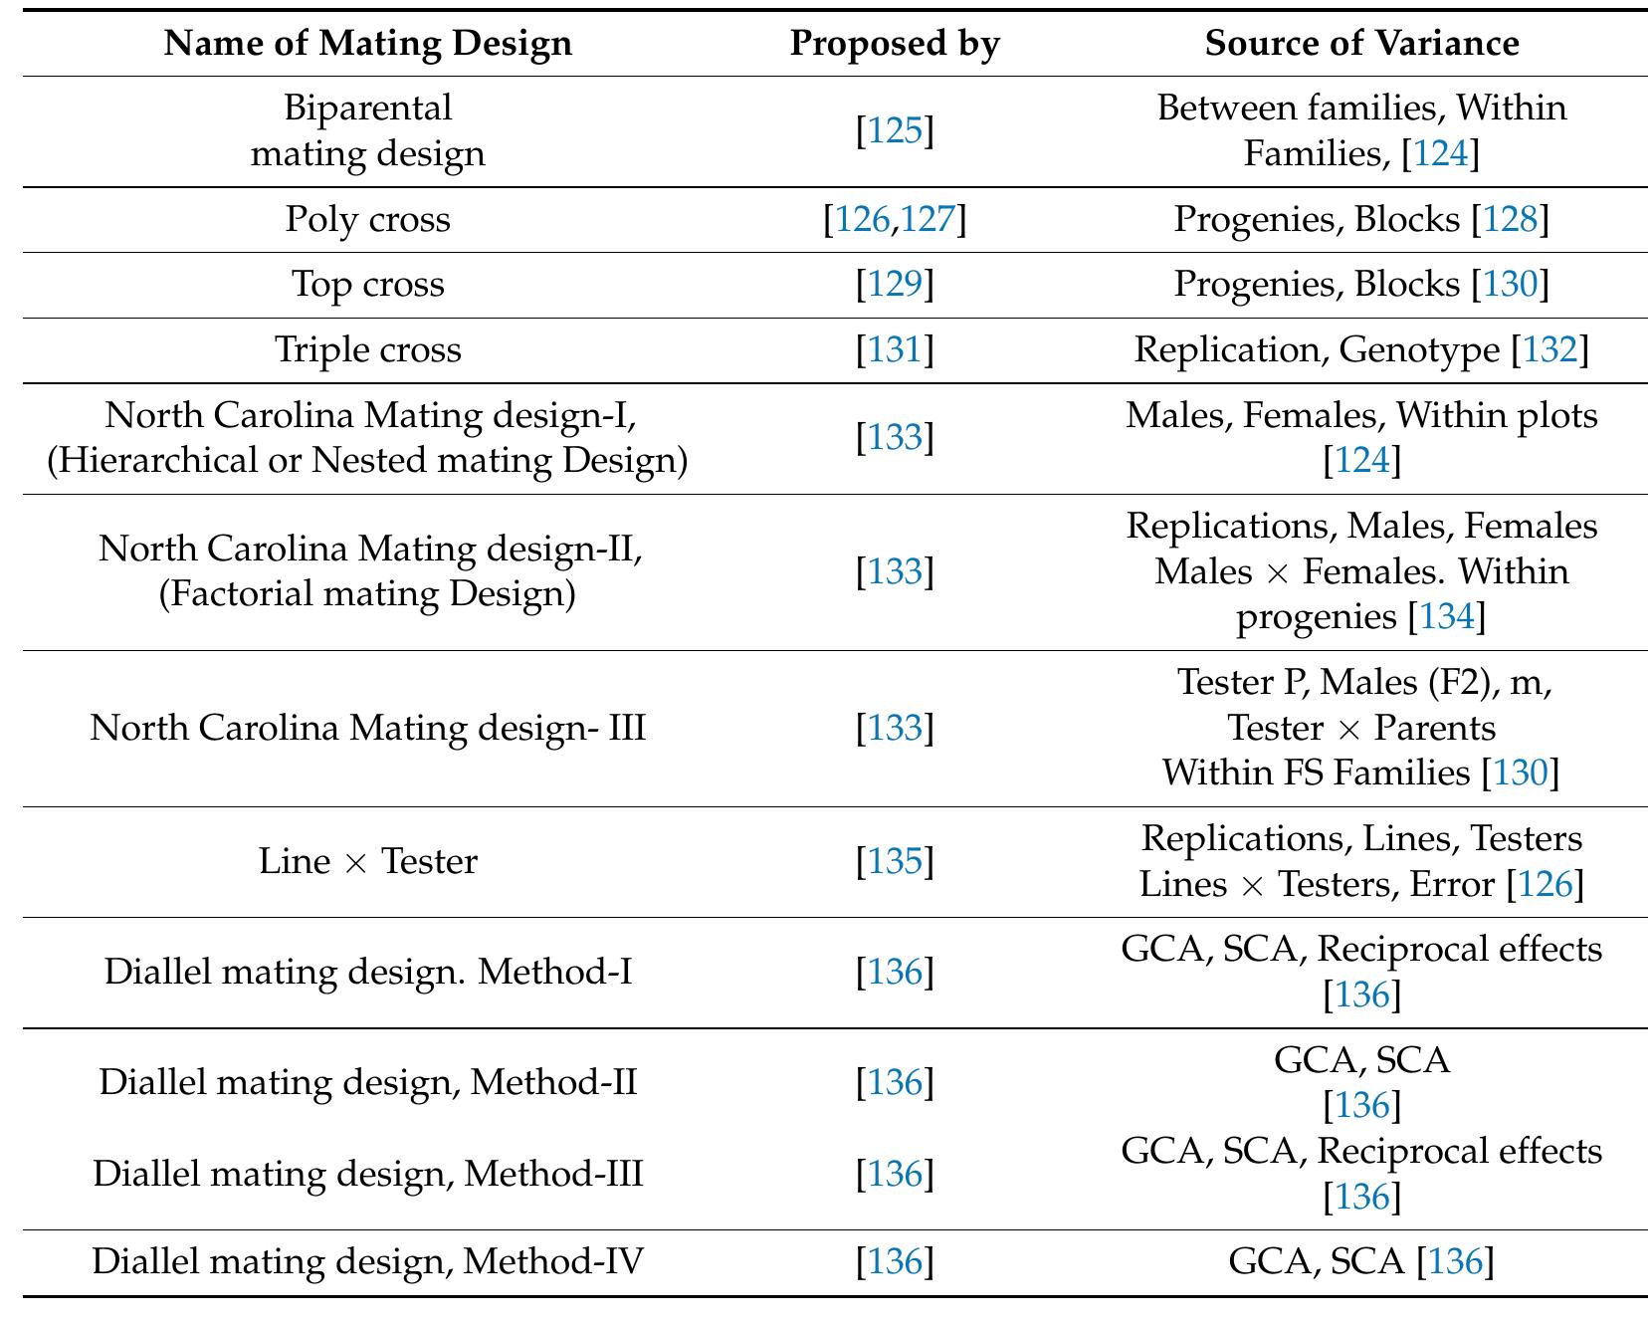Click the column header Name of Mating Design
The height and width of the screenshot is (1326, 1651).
(367, 43)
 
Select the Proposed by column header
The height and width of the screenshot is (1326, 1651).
(895, 43)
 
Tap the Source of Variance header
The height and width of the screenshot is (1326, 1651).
(1361, 43)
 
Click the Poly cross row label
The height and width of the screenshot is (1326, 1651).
(367, 219)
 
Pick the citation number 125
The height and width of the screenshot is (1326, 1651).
(896, 130)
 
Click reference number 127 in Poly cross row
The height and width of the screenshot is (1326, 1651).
(928, 219)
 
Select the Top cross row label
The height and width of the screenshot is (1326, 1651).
(367, 285)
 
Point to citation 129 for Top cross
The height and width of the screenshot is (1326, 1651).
(896, 285)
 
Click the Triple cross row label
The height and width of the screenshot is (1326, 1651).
(367, 350)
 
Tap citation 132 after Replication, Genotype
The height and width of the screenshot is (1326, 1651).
(1549, 350)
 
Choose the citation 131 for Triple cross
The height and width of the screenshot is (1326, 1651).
(896, 350)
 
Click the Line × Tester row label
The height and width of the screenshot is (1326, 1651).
(367, 861)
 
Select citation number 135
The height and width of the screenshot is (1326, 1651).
(896, 861)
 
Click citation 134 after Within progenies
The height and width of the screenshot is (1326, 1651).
(1446, 617)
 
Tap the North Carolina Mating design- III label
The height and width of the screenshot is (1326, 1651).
(367, 728)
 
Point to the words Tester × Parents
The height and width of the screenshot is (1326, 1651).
(1361, 728)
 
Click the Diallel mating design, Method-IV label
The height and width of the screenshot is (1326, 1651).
(367, 1262)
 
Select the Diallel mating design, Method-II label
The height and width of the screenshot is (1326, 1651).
(367, 1082)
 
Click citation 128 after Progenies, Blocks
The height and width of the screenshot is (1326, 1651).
(1510, 219)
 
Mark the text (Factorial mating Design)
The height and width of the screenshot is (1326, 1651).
(367, 594)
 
